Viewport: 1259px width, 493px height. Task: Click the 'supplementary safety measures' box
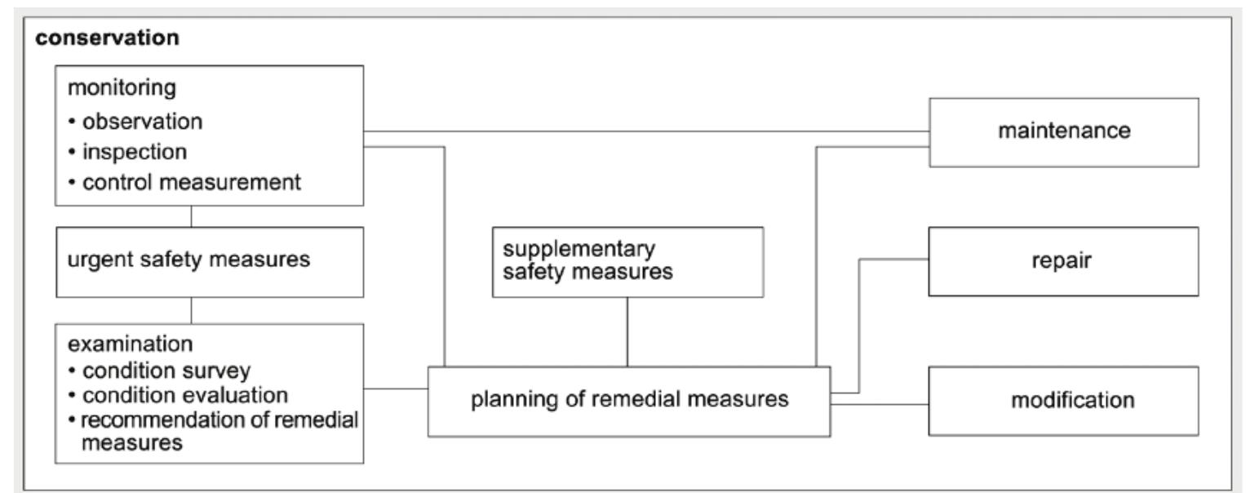tap(627, 261)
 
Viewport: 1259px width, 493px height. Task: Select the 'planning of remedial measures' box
tap(628, 401)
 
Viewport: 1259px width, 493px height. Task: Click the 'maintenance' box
tap(1063, 131)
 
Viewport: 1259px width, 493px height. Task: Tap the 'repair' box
tap(1063, 261)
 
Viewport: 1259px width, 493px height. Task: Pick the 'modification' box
tap(1063, 401)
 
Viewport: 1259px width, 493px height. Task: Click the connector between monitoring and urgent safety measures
tap(191, 216)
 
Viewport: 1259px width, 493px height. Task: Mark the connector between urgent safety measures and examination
tap(191, 310)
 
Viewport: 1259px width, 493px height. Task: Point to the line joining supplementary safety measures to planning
tap(627, 331)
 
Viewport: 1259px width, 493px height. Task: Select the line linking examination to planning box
tap(396, 389)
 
